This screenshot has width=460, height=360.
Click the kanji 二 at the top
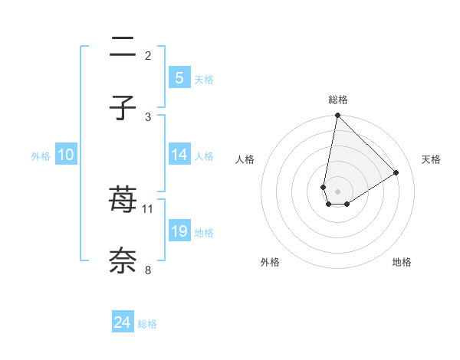pos(123,47)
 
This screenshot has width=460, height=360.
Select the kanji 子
pos(123,108)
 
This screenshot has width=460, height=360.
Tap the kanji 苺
pos(123,200)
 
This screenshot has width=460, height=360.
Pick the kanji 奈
pos(123,260)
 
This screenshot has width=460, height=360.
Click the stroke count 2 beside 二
pos(148,55)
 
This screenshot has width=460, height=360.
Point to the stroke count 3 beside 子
pos(148,116)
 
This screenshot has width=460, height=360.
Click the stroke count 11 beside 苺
pos(148,208)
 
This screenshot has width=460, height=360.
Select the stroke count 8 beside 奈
pos(148,269)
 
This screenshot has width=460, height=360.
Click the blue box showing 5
pos(179,77)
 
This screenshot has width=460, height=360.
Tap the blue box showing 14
pos(179,154)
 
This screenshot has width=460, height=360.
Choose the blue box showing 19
pos(179,231)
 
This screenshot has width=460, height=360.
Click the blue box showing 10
pos(66,155)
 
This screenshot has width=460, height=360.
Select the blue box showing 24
pos(123,322)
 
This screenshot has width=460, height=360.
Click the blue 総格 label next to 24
pos(147,324)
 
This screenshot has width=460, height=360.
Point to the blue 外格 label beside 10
pos(41,156)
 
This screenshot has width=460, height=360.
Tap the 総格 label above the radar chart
pos(337,100)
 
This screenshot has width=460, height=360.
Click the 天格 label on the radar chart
pos(431,159)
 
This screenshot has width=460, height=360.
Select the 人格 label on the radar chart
pos(245,159)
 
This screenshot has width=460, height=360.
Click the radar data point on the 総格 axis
pos(337,116)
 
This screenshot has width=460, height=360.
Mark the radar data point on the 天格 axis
pos(396,172)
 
